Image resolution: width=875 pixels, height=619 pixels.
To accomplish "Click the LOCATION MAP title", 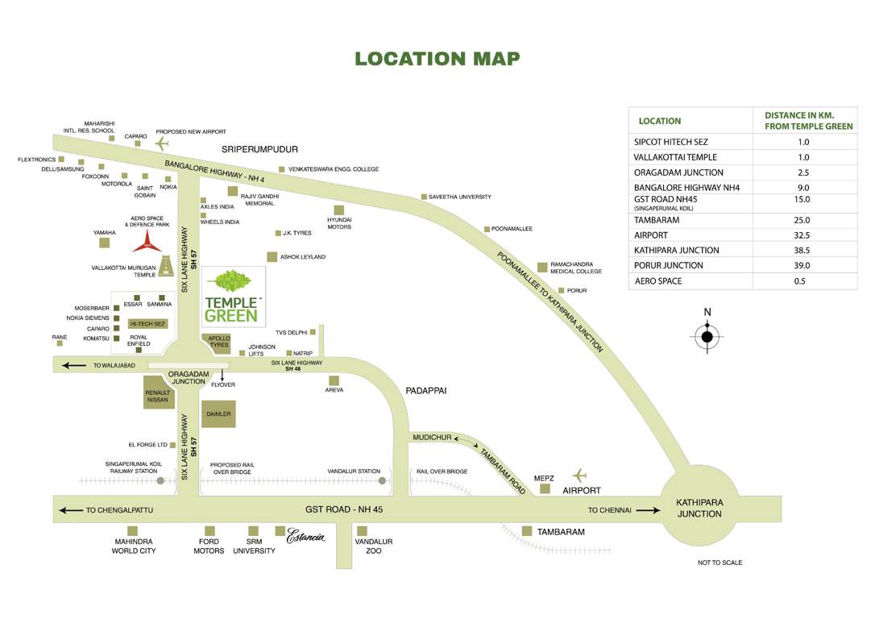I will click(x=437, y=59).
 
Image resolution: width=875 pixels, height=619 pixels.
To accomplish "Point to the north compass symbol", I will click(x=707, y=336).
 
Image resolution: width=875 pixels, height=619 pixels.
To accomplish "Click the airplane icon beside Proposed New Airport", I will click(x=164, y=143).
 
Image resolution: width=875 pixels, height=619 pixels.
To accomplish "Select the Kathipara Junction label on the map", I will click(x=699, y=508).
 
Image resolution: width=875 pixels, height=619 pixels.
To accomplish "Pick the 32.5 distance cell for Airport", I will click(x=802, y=235).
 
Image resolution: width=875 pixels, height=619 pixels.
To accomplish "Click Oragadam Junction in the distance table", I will click(x=678, y=172).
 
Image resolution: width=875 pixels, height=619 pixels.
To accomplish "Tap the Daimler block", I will click(x=218, y=413).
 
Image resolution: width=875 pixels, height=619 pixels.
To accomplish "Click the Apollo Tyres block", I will click(x=218, y=342).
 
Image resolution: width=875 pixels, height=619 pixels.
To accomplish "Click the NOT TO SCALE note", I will click(x=719, y=563).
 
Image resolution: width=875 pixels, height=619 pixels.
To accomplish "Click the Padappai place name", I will click(x=426, y=390).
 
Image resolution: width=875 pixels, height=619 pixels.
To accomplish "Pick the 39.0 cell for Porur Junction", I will click(x=802, y=265).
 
